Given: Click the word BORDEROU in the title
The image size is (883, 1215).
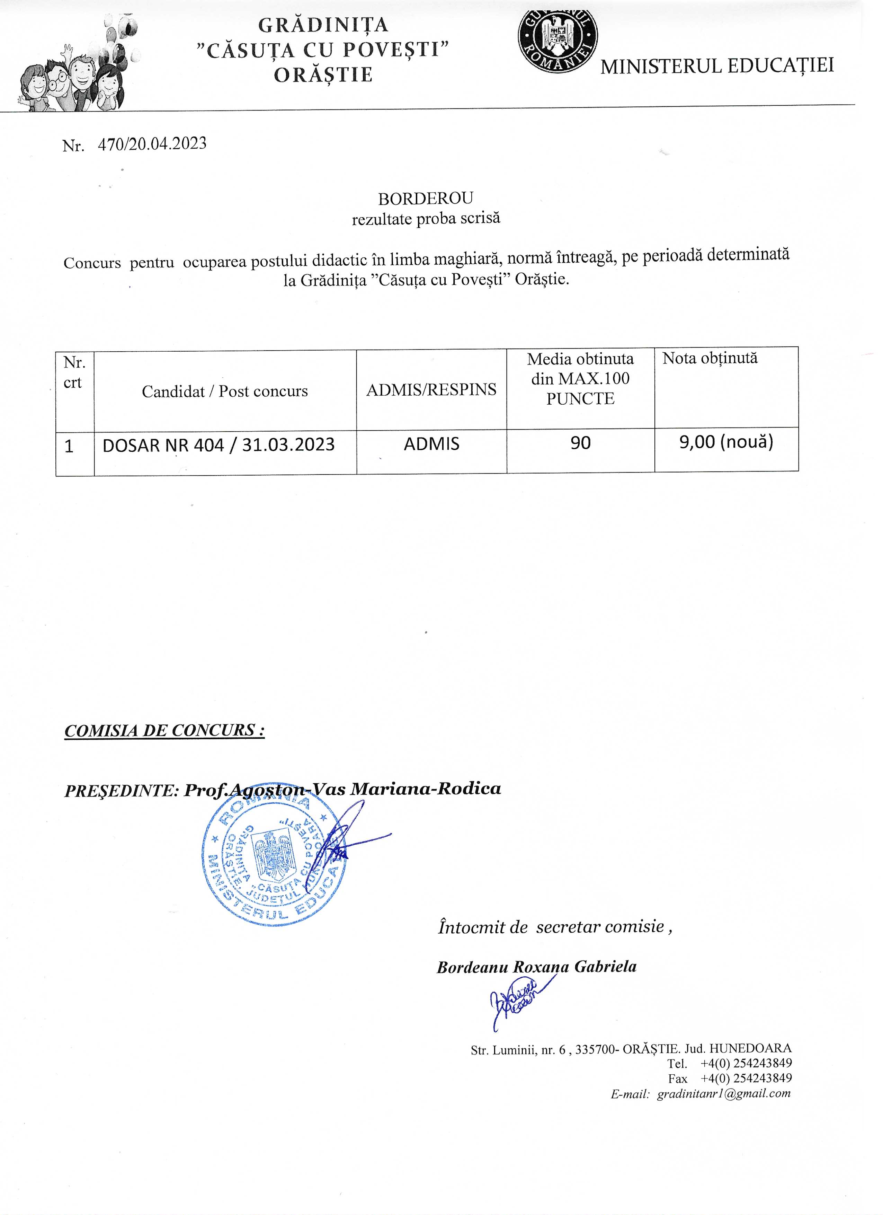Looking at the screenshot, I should (x=425, y=199).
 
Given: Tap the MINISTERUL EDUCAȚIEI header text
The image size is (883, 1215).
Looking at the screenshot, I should (x=717, y=66).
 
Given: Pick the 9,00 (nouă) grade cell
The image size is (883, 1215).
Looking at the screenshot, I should (x=726, y=442).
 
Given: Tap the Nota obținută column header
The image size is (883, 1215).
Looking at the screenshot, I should (x=710, y=358).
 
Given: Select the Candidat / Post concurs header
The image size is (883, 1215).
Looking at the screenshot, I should (x=225, y=391).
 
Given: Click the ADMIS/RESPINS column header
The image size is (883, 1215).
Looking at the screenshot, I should (x=431, y=389).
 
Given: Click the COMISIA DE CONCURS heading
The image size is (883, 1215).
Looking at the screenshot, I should (x=164, y=730).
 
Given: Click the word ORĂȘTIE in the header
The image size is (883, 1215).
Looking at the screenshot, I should (x=323, y=74).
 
